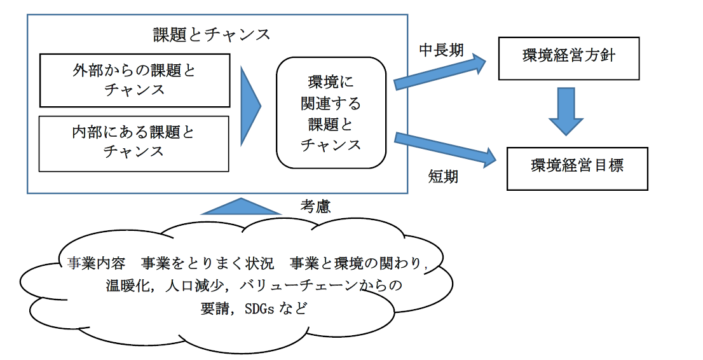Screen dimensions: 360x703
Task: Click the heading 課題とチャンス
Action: click(212, 34)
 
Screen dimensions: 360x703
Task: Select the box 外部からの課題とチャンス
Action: click(134, 80)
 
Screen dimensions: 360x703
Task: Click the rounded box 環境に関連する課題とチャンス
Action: click(331, 113)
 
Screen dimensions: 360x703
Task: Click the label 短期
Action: click(443, 177)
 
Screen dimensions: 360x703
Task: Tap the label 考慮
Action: click(316, 207)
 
